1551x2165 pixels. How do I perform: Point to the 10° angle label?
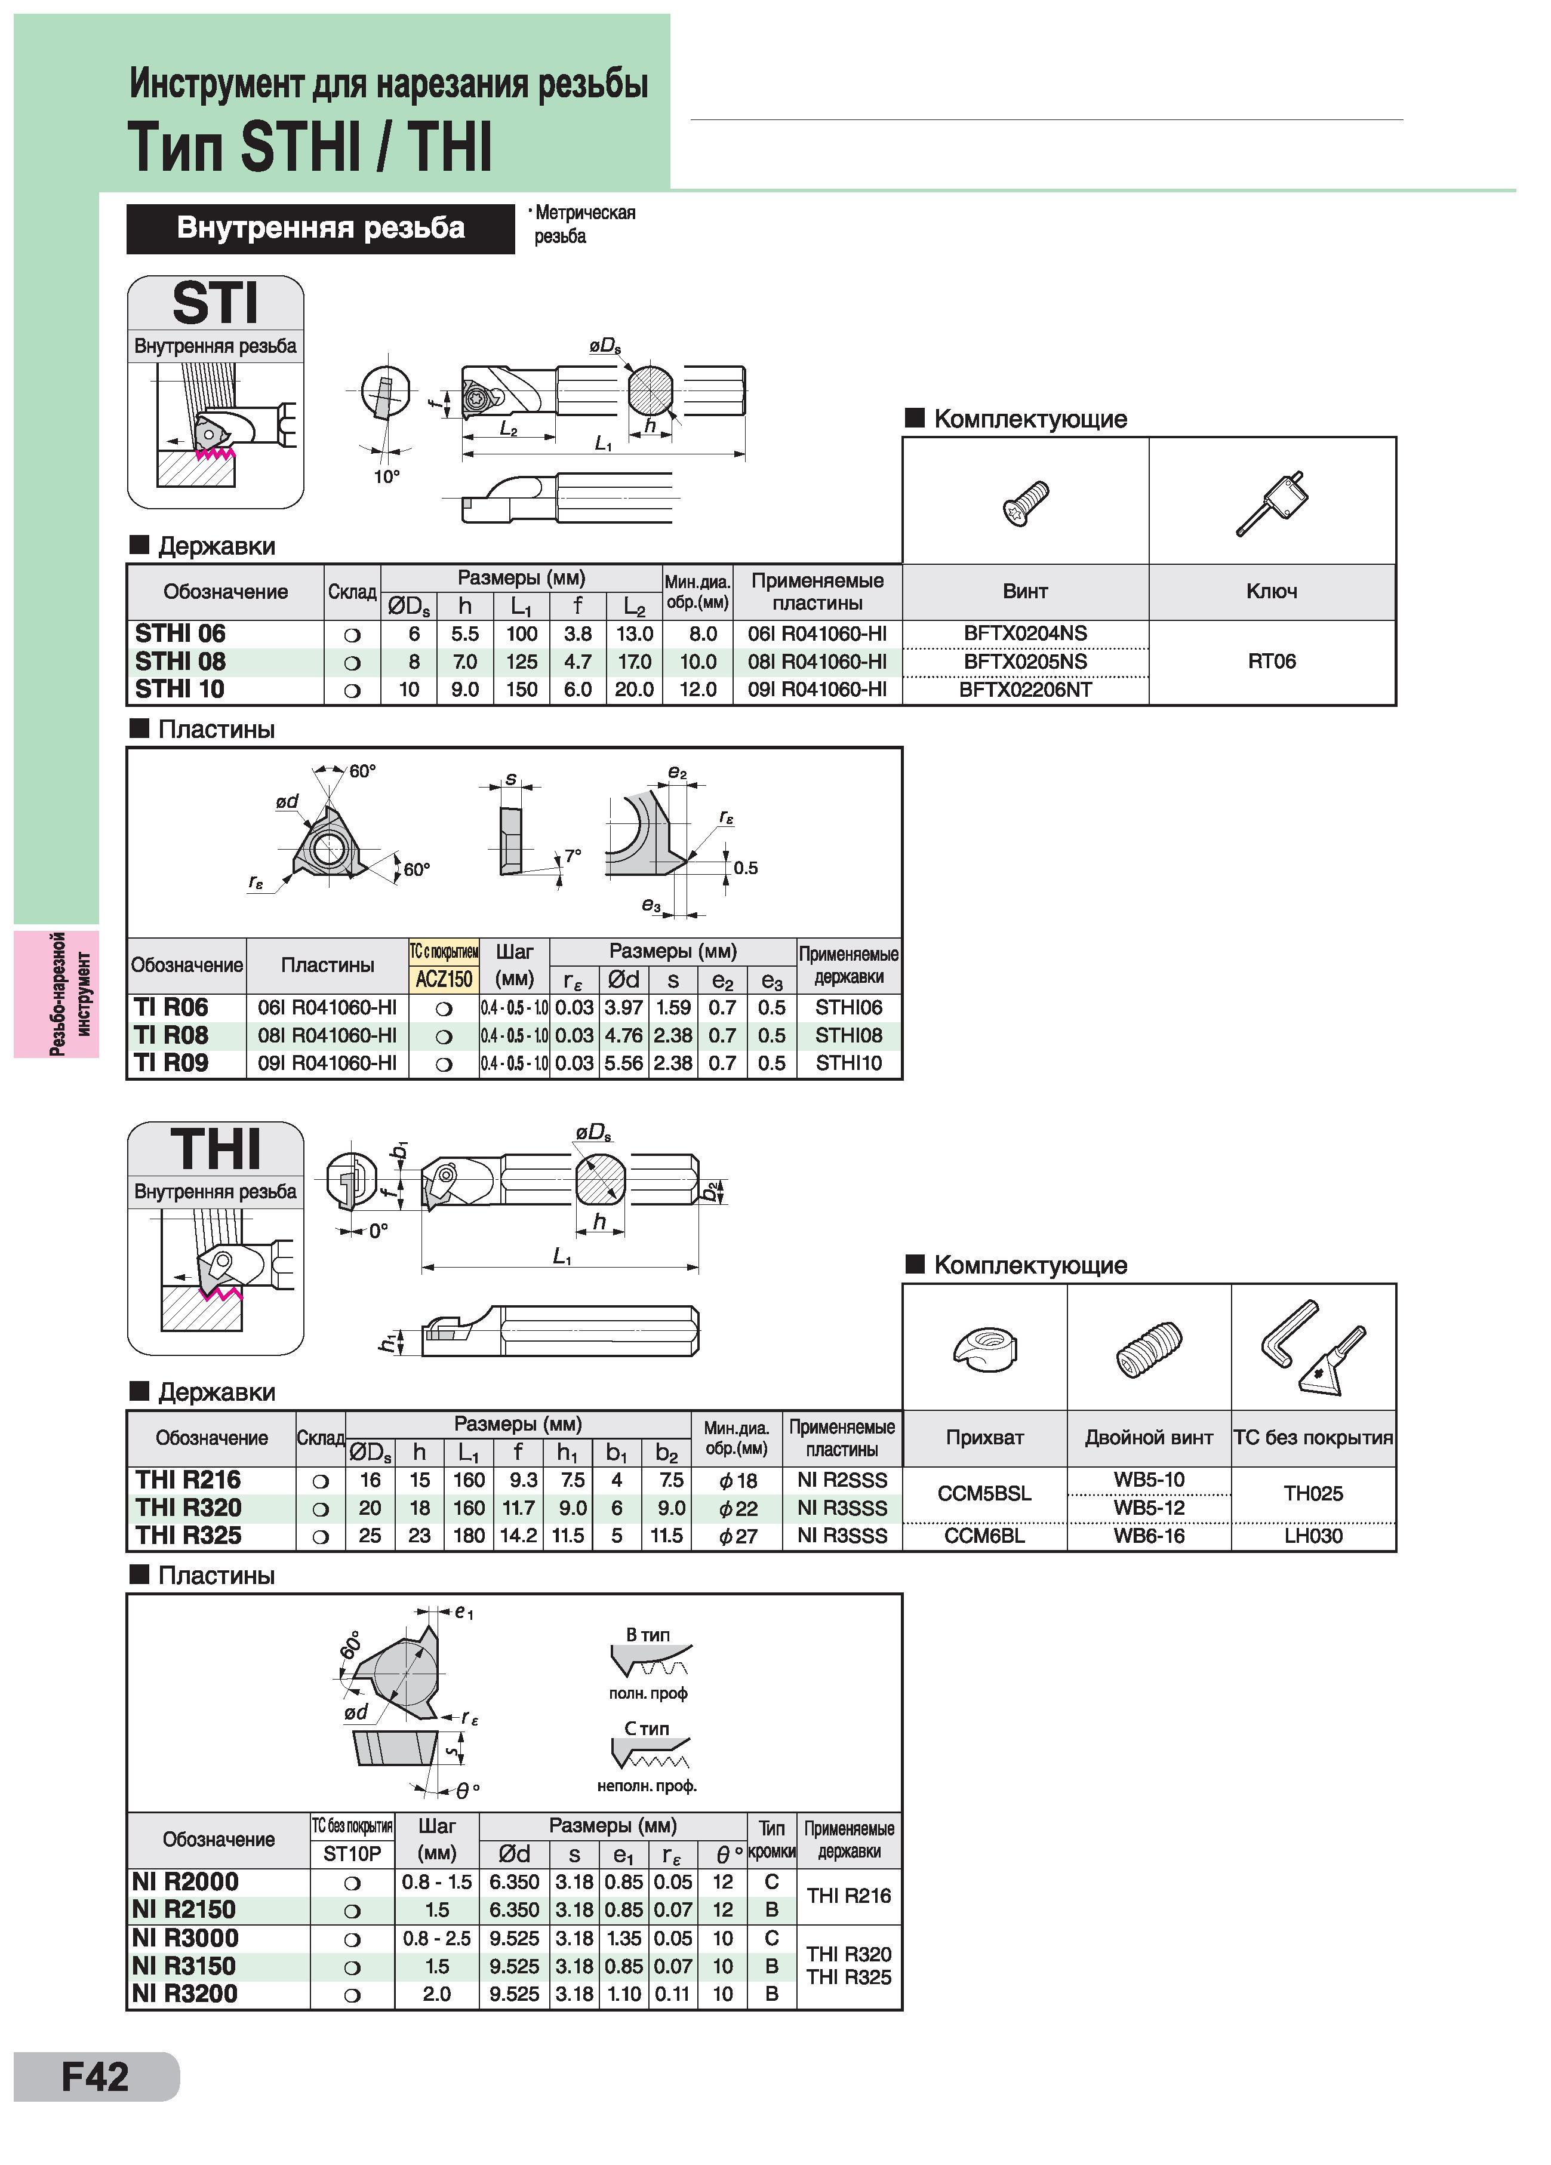pyautogui.click(x=386, y=477)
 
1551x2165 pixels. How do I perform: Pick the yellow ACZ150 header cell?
pyautogui.click(x=444, y=979)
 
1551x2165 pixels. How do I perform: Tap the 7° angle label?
pyautogui.click(x=573, y=856)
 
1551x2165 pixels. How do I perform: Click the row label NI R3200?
pyautogui.click(x=185, y=1993)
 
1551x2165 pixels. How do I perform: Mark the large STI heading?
pyautogui.click(x=215, y=303)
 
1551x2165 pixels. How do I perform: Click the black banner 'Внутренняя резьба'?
pyautogui.click(x=321, y=228)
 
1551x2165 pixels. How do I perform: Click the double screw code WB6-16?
pyautogui.click(x=1149, y=1536)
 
